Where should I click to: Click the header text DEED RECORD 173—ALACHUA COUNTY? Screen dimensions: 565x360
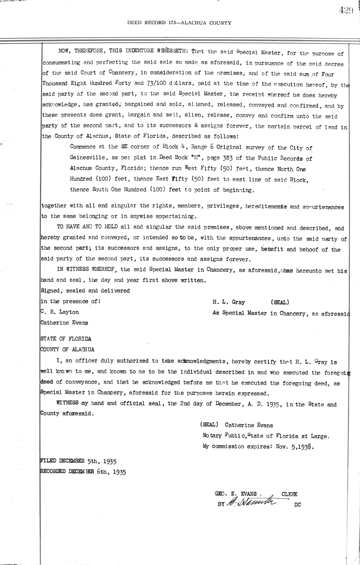click(x=179, y=23)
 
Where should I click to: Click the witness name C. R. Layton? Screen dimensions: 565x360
click(x=60, y=312)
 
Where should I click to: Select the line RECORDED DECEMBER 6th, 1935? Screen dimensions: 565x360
click(x=83, y=471)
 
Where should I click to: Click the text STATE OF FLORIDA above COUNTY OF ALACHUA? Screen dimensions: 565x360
click(x=66, y=339)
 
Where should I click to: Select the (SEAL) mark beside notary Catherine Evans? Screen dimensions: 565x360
click(x=209, y=425)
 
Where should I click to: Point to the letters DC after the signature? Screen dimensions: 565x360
click(x=297, y=504)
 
